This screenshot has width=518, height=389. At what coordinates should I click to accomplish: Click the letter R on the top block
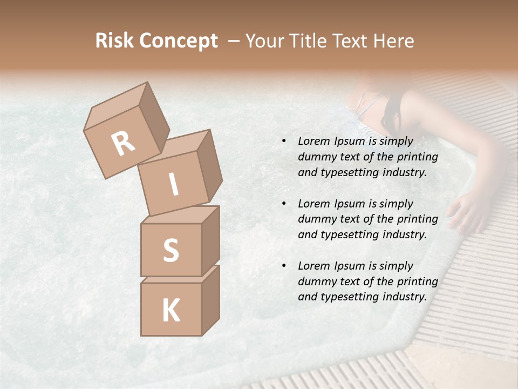[x=123, y=144]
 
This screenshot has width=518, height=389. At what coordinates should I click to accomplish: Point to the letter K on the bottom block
[x=171, y=311]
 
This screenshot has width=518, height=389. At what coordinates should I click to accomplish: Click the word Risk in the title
[x=113, y=41]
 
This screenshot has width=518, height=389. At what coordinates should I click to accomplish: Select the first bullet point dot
[x=283, y=142]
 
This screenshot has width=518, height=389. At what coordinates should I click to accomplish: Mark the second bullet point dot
[x=283, y=204]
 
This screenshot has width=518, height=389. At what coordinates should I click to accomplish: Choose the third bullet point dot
[x=283, y=266]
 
